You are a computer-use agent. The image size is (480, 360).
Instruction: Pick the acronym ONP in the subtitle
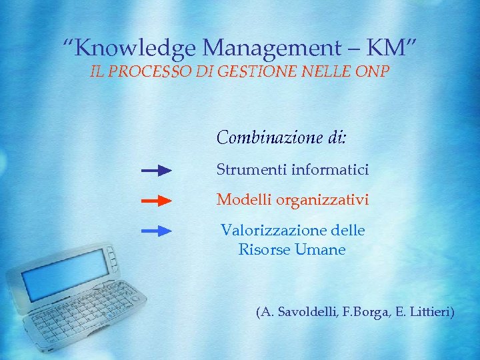click(x=373, y=72)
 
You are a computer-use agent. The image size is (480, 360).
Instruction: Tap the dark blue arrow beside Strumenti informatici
click(x=157, y=171)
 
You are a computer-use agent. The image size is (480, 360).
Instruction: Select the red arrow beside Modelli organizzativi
click(x=157, y=200)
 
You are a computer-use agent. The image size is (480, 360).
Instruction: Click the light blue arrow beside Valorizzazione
click(x=157, y=231)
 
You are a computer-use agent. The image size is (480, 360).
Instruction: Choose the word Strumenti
click(x=251, y=170)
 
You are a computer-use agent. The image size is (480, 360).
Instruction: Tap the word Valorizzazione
click(x=273, y=231)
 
